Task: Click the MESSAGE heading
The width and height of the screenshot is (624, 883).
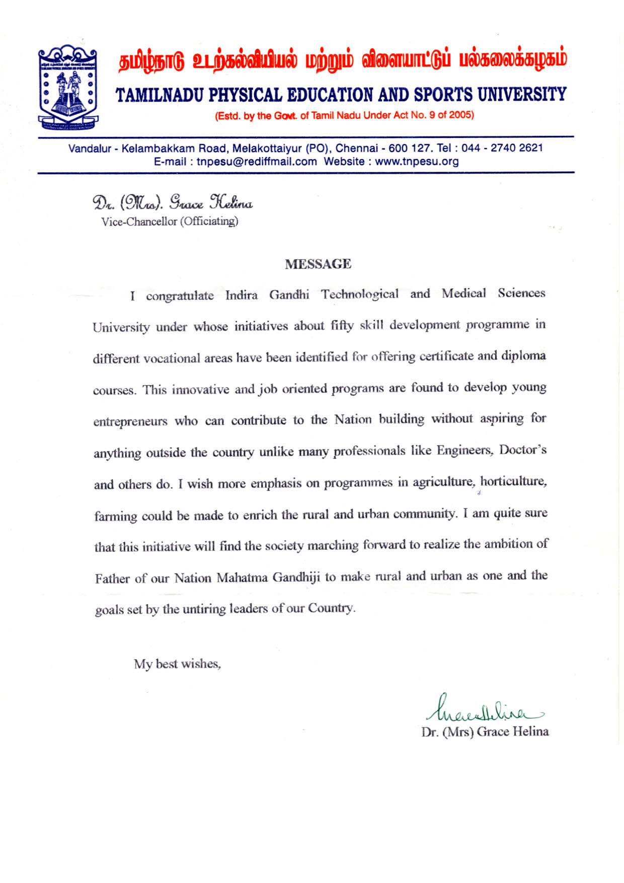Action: point(318,264)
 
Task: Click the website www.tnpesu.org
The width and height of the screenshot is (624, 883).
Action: point(417,162)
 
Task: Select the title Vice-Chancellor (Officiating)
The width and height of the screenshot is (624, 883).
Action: point(170,221)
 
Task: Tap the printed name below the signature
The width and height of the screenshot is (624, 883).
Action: point(485,731)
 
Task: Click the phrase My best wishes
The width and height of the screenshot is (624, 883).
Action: point(177,664)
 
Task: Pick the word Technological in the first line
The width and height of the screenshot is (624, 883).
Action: point(360,294)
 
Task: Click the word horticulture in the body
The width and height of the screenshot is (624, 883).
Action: point(513,481)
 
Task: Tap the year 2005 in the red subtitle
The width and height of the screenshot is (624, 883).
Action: point(461,115)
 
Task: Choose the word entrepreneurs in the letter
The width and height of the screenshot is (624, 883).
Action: point(130,421)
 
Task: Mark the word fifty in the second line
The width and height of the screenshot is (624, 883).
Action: point(342,326)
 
